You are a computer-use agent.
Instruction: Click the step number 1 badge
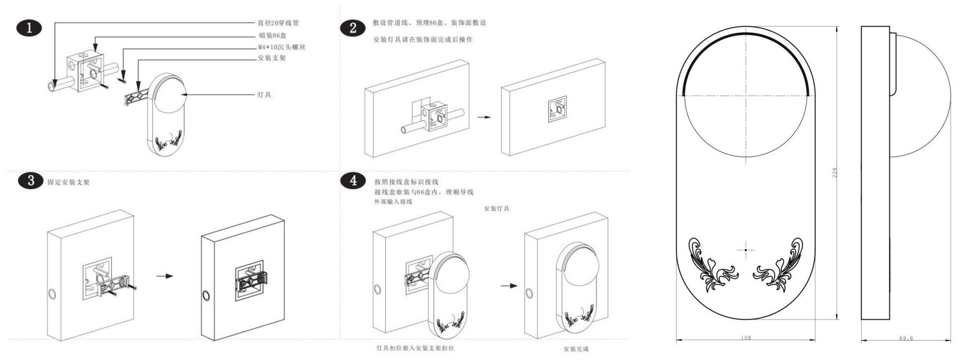[x=29, y=28]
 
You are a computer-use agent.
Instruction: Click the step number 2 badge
[x=353, y=28]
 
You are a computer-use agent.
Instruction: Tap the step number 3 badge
[x=31, y=180]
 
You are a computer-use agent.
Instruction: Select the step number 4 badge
[x=353, y=180]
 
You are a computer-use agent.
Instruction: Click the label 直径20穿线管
[x=278, y=23]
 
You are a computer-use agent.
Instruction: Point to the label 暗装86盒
[x=272, y=35]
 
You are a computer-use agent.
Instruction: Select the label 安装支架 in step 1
[x=271, y=58]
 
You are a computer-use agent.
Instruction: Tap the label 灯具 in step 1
[x=264, y=94]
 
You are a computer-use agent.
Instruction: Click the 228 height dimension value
[x=835, y=173]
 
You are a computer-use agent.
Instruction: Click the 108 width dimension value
[x=746, y=338]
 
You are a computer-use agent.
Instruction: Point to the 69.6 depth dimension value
[x=906, y=338]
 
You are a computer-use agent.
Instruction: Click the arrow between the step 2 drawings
[x=484, y=117]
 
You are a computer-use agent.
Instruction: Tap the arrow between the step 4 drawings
[x=509, y=285]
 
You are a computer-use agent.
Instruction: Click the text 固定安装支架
[x=69, y=182]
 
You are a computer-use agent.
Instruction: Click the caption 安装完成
[x=576, y=349]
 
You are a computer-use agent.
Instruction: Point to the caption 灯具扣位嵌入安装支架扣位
[x=415, y=348]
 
